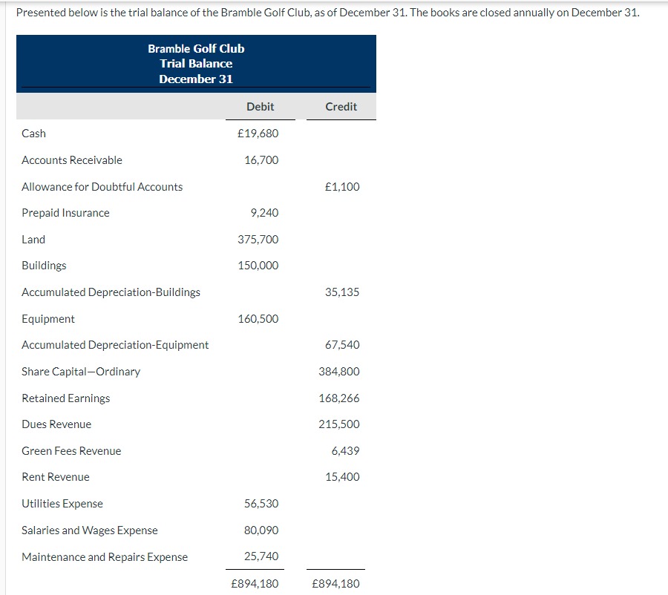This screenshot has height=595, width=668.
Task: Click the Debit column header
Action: coord(260,107)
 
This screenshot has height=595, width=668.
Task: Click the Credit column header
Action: coord(341,107)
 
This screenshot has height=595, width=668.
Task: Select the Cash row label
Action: coord(33,134)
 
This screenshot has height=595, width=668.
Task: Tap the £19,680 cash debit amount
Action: coord(258,134)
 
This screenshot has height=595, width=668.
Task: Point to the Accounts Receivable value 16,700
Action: coord(261,160)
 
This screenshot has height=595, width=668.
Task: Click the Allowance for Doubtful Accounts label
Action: coord(102,187)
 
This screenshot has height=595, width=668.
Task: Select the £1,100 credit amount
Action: coord(342,187)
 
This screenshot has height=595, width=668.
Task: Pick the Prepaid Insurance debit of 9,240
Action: coord(264,213)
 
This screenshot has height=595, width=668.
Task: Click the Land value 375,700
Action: coord(258,240)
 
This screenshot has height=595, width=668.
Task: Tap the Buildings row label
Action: coord(44,266)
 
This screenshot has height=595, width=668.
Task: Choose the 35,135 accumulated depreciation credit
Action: coord(342,292)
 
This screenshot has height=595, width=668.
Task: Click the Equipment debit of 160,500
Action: coord(258,319)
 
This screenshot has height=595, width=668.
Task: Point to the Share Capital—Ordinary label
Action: coord(81,372)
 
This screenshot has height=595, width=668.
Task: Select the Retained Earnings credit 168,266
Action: coord(339,398)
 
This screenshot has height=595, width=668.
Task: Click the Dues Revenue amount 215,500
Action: coord(339,424)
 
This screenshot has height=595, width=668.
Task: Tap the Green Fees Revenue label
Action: coord(71,451)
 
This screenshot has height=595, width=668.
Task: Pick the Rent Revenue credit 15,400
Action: coord(342,477)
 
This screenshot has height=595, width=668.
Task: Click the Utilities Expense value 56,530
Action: coord(261,504)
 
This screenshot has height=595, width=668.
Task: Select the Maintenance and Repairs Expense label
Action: coord(105,557)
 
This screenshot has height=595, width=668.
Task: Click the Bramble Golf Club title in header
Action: coord(196,49)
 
